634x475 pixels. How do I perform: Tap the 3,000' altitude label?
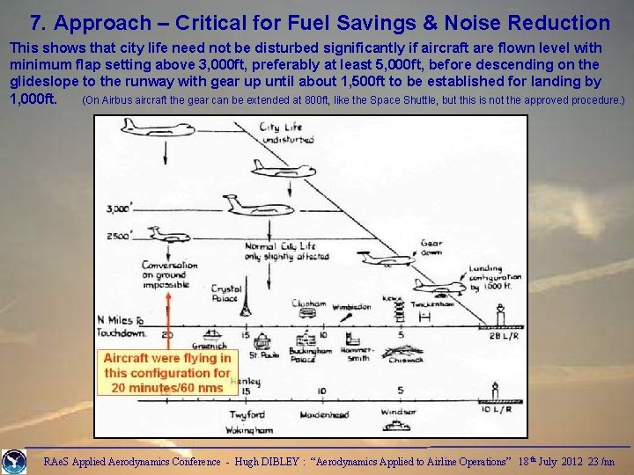[120, 208]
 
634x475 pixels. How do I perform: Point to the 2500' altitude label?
[120, 235]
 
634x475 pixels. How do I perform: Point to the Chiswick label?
[405, 359]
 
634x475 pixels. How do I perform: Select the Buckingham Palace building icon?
[310, 338]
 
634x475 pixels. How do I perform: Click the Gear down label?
[431, 247]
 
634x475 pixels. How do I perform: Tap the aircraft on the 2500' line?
[164, 232]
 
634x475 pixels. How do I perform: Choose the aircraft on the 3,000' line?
[247, 204]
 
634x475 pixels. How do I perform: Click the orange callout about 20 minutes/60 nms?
[167, 372]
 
